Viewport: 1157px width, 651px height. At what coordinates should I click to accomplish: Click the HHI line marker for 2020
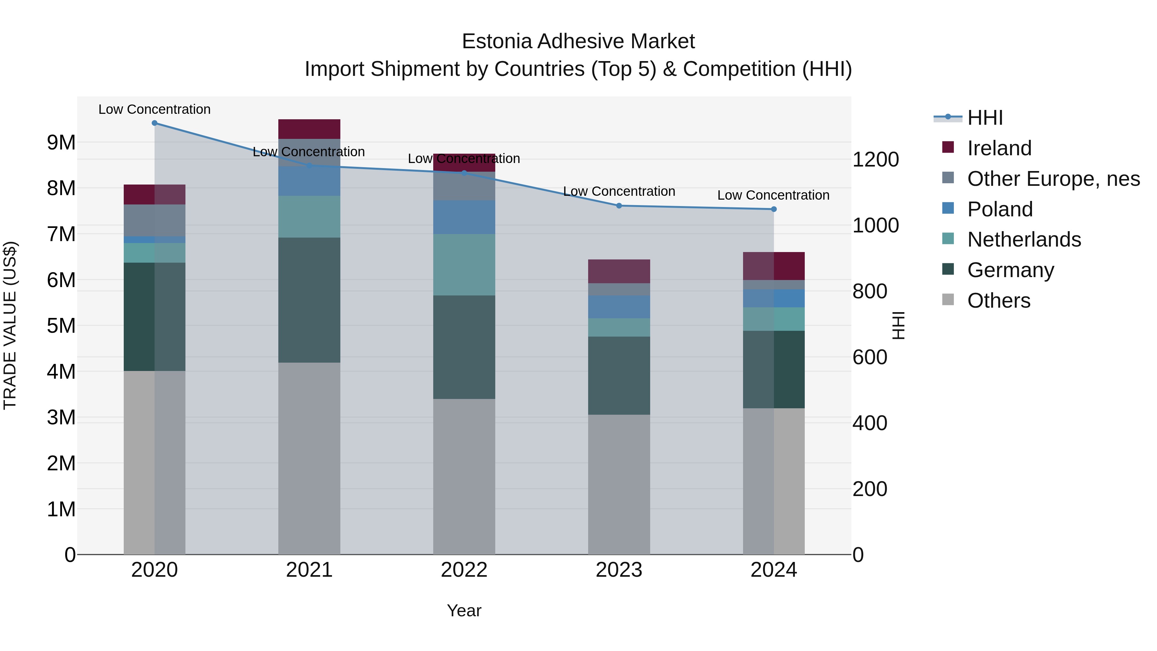point(155,123)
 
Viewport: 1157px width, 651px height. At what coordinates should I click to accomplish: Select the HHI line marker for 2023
point(619,206)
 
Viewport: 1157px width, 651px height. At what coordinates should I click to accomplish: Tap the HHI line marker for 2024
point(774,209)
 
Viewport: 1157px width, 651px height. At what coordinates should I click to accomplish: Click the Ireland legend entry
point(999,148)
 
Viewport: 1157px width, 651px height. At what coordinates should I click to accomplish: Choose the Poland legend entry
point(1000,209)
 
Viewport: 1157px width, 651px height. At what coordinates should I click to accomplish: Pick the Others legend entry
point(999,301)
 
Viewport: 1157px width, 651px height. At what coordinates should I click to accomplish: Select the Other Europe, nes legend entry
point(1053,179)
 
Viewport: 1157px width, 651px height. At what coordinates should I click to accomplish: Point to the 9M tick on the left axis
point(61,143)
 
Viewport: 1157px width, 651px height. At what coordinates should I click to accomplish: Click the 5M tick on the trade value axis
point(61,326)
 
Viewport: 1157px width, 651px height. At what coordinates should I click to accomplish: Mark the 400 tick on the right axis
point(870,423)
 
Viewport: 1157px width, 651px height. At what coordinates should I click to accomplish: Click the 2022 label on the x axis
point(464,570)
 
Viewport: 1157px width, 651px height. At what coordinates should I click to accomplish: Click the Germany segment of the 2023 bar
point(619,375)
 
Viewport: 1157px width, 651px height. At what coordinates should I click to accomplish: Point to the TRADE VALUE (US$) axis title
point(10,326)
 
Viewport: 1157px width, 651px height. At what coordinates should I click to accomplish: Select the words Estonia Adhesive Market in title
point(578,42)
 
